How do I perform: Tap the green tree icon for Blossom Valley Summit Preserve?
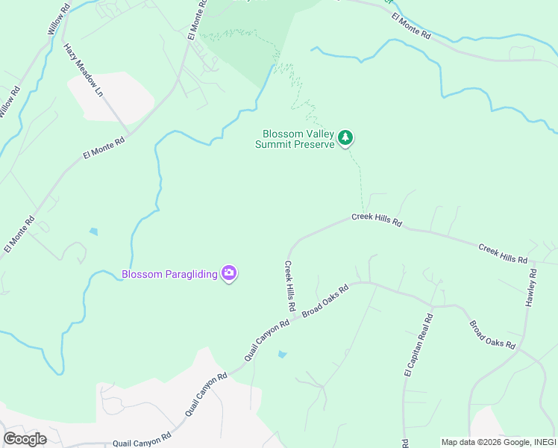point(345,137)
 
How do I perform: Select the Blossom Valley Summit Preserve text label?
point(298,139)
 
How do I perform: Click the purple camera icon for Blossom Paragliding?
point(229,273)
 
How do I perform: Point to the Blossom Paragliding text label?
point(169,274)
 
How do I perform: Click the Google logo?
point(25,438)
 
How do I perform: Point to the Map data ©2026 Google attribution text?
point(498,441)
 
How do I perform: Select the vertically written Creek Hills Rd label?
point(289,286)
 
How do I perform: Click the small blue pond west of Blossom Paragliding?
point(93,231)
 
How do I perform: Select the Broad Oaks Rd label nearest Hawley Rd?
point(492,335)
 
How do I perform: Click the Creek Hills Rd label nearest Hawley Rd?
point(503,253)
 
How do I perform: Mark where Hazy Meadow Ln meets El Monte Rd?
point(128,134)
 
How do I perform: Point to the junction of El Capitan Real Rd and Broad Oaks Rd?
point(433,306)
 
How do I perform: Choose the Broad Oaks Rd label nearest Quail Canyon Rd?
point(325,300)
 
